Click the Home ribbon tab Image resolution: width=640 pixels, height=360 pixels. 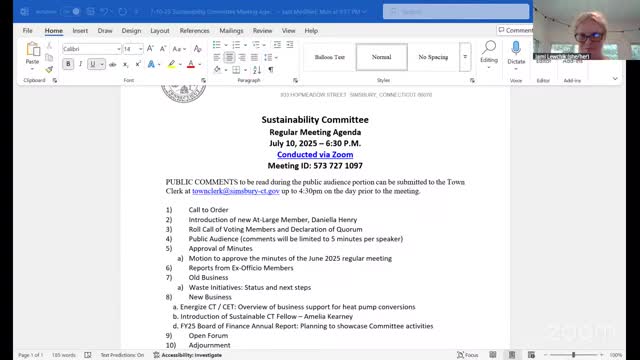(54, 30)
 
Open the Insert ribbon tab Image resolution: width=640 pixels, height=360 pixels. (80, 30)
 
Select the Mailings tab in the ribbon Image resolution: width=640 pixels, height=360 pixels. (231, 30)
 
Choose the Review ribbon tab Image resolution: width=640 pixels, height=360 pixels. (262, 30)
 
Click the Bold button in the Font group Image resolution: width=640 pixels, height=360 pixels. (68, 64)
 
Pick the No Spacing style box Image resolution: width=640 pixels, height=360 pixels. (433, 57)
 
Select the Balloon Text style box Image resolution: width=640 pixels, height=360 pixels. (330, 57)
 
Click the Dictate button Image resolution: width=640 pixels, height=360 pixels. (516, 54)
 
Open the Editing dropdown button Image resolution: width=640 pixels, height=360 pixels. (488, 54)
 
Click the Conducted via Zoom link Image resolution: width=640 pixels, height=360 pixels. (314, 154)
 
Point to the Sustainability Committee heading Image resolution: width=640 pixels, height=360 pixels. (314, 119)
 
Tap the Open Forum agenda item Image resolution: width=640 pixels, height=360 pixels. (208, 335)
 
